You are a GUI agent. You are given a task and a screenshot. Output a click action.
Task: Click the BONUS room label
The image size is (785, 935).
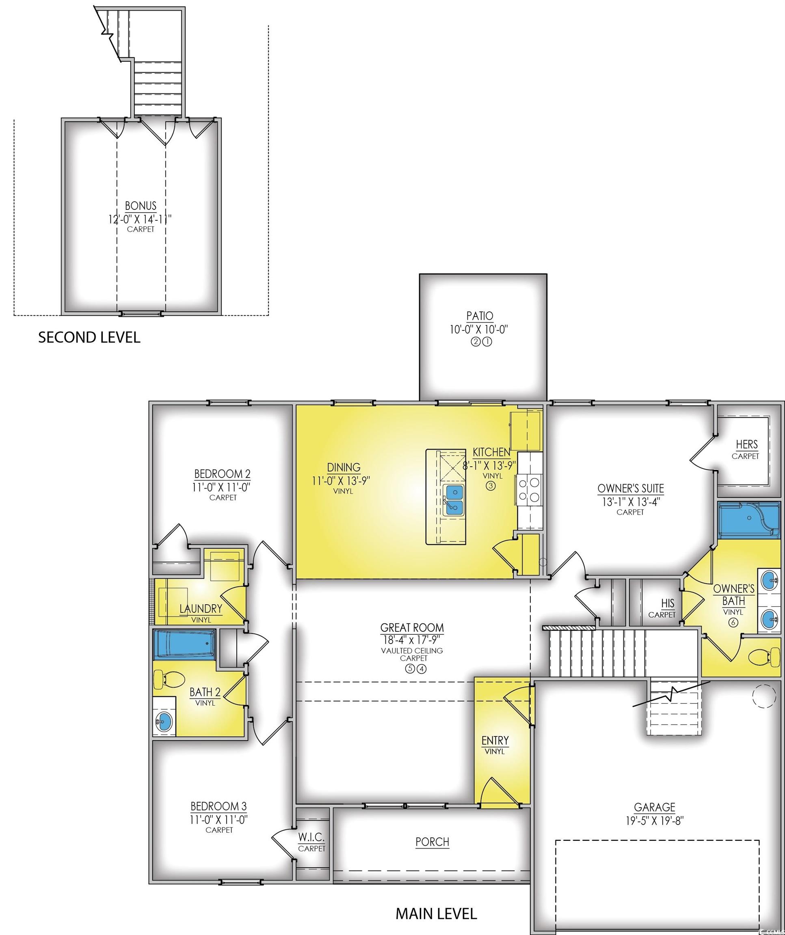[x=141, y=206]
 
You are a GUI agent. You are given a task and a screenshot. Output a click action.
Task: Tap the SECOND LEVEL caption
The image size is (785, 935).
[x=89, y=337]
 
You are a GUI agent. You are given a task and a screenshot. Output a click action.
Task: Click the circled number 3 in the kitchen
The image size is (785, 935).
[x=491, y=486]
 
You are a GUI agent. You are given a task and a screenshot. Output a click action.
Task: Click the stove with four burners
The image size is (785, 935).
[x=529, y=490]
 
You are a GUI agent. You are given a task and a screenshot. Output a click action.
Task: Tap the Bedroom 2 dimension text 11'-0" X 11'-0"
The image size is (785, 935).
[x=221, y=487]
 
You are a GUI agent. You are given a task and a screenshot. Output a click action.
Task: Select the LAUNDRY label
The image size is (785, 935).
[x=201, y=608]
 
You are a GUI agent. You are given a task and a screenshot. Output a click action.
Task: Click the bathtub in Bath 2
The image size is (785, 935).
[x=184, y=644]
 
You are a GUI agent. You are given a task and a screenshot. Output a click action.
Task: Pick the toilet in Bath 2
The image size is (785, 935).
[x=169, y=680]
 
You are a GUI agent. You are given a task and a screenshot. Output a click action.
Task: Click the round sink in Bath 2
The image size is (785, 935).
[x=164, y=721]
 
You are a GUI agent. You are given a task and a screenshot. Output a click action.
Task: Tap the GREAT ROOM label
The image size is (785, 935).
[x=412, y=628]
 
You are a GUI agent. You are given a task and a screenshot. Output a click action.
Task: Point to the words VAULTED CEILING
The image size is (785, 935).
[x=412, y=651]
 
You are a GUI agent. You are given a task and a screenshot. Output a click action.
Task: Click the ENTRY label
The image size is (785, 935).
[x=495, y=741]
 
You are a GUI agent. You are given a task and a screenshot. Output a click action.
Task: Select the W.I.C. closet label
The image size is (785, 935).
[x=311, y=837]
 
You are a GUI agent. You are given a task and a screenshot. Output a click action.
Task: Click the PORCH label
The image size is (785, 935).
[x=432, y=842]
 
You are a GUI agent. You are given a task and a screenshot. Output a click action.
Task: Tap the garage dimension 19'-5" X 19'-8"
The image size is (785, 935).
[x=655, y=821]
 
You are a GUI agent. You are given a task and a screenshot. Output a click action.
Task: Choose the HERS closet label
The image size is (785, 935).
[x=747, y=444]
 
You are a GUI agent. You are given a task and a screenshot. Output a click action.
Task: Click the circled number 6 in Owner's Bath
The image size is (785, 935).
[x=733, y=623]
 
